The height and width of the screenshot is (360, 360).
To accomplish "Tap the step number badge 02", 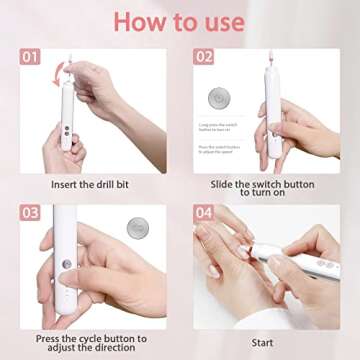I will click(204, 57).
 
